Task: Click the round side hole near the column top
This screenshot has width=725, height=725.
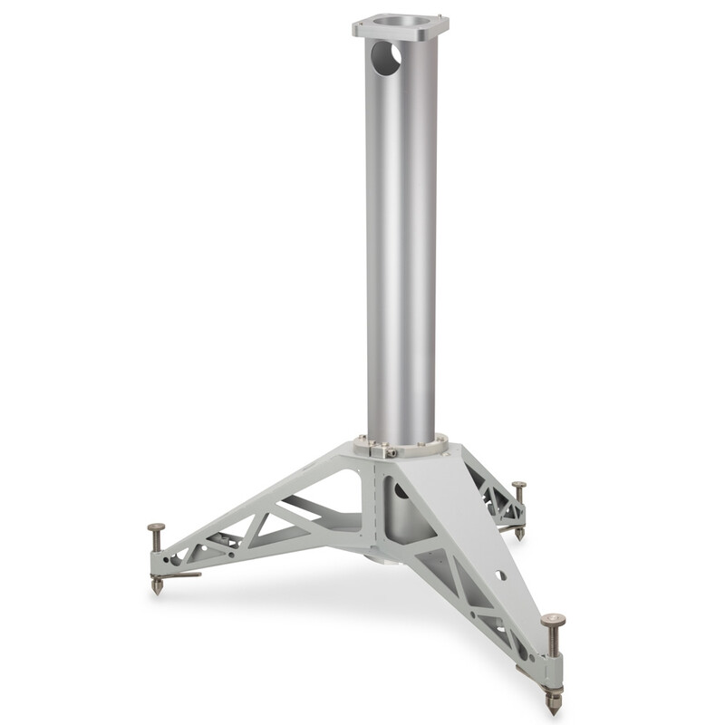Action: (385, 59)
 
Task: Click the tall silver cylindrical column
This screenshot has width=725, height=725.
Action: (401, 254)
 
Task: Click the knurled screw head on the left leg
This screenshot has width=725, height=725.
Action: (156, 528)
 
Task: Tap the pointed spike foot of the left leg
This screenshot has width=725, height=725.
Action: (157, 587)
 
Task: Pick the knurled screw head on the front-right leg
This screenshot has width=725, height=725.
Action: (553, 621)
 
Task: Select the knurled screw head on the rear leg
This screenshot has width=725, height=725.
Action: (518, 487)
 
